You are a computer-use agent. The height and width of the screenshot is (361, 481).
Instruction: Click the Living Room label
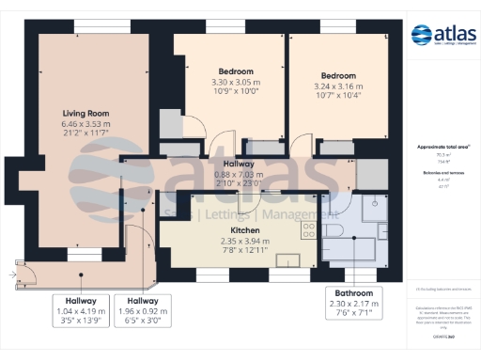86,113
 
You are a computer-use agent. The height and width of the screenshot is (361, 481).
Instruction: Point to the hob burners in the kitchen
307,229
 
